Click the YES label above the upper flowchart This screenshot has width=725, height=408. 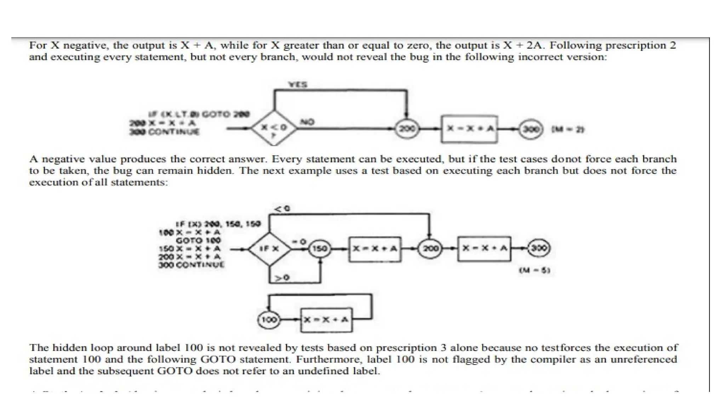(298, 85)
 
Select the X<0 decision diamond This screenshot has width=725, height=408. (274, 128)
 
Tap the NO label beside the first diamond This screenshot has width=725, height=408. (307, 122)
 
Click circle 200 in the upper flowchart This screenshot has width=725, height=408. (407, 129)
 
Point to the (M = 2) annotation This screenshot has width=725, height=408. (567, 130)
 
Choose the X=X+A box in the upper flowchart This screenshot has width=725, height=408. (469, 129)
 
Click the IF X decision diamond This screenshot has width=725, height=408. (270, 249)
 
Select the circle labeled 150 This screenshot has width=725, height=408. (320, 249)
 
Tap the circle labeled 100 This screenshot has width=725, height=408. (268, 320)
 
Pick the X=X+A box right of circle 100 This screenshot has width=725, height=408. (326, 320)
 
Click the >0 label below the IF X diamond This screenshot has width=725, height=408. (282, 278)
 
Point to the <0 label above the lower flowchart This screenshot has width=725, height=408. (282, 209)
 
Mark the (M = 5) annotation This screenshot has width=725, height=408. (535, 271)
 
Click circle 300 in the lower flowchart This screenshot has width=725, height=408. (539, 248)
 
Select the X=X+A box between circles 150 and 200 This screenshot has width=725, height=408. (375, 249)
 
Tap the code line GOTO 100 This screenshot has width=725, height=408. (198, 240)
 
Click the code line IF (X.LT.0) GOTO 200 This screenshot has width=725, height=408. (199, 114)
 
